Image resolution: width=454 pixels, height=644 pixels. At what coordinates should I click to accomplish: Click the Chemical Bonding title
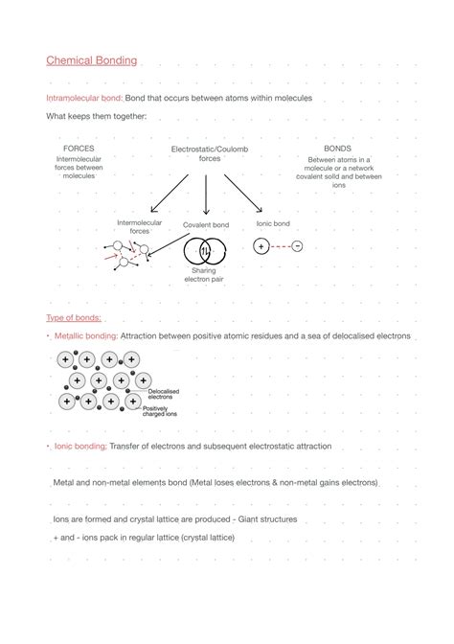(91, 60)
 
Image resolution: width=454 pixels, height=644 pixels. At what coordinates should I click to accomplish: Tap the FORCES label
(79, 149)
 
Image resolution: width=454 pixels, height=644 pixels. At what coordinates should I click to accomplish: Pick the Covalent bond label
(206, 225)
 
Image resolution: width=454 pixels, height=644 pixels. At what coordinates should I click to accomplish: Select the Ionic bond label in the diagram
(273, 224)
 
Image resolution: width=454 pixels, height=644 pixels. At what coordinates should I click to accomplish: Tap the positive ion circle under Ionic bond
(261, 246)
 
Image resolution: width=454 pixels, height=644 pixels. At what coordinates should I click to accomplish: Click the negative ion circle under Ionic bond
(297, 246)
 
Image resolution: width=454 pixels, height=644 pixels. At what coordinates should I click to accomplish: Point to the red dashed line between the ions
(279, 246)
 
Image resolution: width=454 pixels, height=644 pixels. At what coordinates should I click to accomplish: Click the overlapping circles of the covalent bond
(205, 251)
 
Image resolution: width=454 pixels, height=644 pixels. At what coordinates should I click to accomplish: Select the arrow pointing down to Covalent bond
(207, 195)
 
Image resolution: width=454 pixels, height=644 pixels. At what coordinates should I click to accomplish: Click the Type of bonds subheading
(74, 318)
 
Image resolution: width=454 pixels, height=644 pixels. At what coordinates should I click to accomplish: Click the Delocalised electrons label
(164, 394)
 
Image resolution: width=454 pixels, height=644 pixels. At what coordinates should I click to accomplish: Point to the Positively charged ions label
(160, 411)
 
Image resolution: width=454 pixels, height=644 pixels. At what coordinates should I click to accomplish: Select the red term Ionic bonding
(79, 447)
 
